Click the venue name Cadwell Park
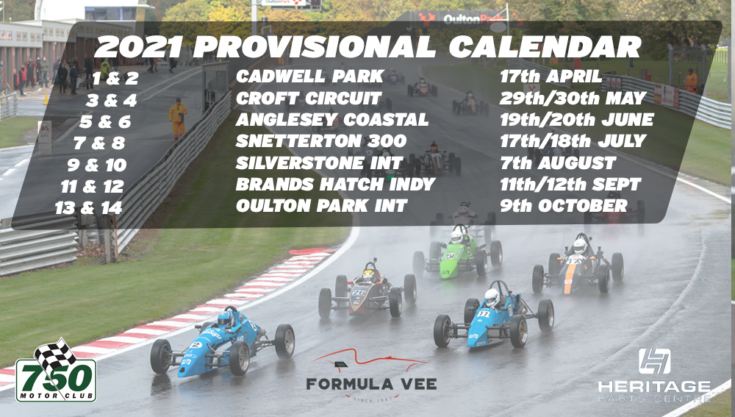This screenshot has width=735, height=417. click(310, 76)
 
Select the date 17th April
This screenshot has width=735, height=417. click(551, 76)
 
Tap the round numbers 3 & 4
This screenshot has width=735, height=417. click(111, 100)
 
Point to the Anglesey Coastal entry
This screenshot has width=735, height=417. click(332, 120)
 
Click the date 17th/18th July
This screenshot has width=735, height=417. click(573, 140)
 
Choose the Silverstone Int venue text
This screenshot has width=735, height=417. click(319, 163)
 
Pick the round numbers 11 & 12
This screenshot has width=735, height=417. click(93, 187)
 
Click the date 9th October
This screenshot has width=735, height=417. click(564, 205)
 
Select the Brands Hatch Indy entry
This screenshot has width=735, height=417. click(336, 185)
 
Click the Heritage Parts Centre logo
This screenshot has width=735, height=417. click(654, 375)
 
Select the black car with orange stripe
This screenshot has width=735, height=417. click(578, 265)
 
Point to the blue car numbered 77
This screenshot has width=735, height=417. click(494, 316)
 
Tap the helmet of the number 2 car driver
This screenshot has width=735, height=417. click(226, 319)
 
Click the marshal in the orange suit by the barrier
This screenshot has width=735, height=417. click(178, 118)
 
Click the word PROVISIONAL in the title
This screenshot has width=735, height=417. click(315, 47)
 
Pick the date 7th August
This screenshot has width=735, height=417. click(558, 163)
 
